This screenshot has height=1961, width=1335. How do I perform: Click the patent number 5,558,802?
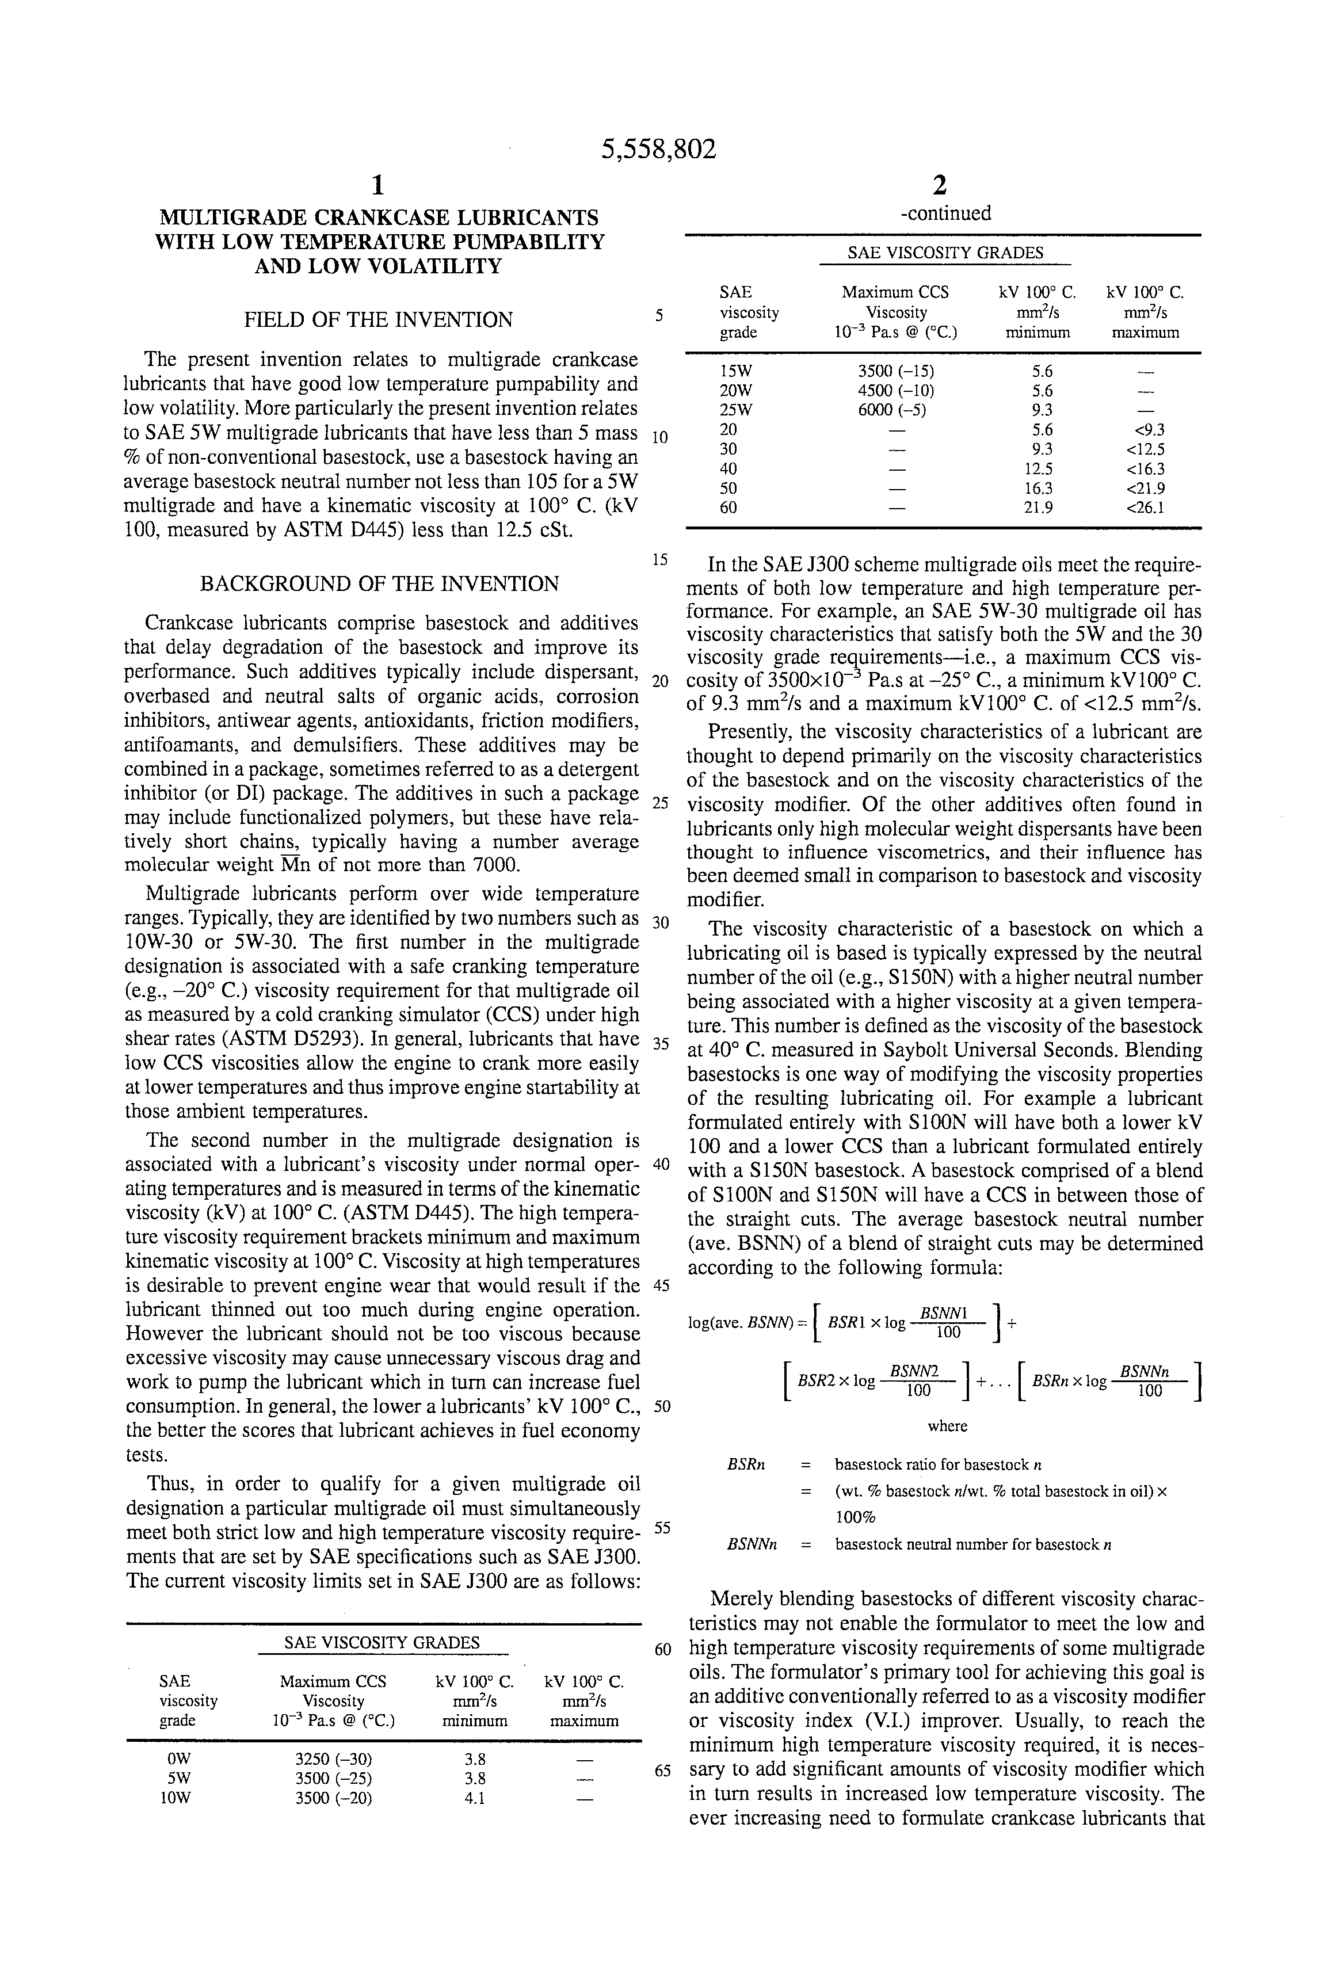[658, 150]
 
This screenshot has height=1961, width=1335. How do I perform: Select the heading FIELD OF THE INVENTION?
[378, 320]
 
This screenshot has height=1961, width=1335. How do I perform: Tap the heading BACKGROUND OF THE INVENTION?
[379, 584]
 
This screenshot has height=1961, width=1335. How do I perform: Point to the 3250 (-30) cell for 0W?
[333, 1760]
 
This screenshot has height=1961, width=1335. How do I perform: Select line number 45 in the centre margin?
[661, 1286]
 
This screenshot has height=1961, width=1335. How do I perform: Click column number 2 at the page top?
[939, 185]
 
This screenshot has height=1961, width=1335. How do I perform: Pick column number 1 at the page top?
[378, 185]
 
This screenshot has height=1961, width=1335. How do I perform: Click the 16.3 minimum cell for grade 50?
[1037, 488]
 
